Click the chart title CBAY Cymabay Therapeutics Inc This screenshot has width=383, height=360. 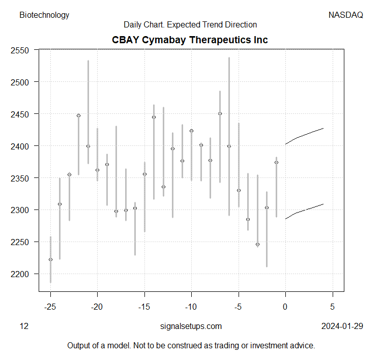coord(190,40)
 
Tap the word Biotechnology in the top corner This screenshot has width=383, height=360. coord(44,15)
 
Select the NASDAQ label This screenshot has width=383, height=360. coord(346,15)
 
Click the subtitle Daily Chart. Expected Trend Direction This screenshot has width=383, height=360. coord(190,24)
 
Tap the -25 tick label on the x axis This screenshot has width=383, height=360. coord(50,307)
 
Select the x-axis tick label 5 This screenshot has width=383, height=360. coord(333,307)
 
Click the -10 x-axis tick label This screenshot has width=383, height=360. coord(191,307)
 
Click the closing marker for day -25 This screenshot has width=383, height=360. coord(50,259)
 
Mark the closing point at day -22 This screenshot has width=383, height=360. coord(78,115)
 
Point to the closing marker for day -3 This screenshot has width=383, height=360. coord(257,244)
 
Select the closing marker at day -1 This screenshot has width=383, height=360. coord(276,162)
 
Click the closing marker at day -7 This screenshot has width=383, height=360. coord(220,113)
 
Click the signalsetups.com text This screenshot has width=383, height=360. coord(191,326)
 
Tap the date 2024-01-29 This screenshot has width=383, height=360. coord(342,326)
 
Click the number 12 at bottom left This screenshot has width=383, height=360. coord(24,326)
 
